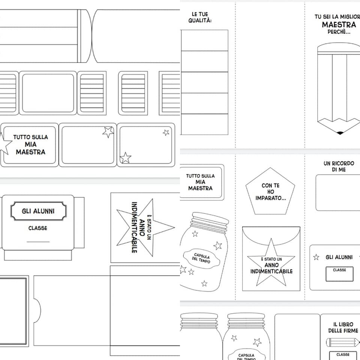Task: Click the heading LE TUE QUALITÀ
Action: click(200, 18)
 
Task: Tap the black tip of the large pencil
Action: click(340, 133)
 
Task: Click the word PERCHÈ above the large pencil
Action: click(339, 32)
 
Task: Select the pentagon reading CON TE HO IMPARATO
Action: click(270, 191)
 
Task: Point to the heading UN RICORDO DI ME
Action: click(339, 166)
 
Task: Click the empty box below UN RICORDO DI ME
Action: click(338, 193)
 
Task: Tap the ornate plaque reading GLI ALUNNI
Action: click(38, 211)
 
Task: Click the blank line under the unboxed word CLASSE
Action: click(38, 242)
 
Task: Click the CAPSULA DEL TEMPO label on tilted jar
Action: click(202, 258)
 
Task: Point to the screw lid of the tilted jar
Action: click(210, 222)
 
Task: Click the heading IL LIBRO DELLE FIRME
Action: click(343, 327)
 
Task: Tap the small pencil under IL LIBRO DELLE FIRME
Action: click(343, 342)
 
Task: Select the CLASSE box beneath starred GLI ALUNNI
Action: click(339, 274)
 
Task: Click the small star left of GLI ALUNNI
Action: click(316, 257)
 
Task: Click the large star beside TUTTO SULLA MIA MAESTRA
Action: click(4, 144)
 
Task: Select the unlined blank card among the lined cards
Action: click(48, 93)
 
